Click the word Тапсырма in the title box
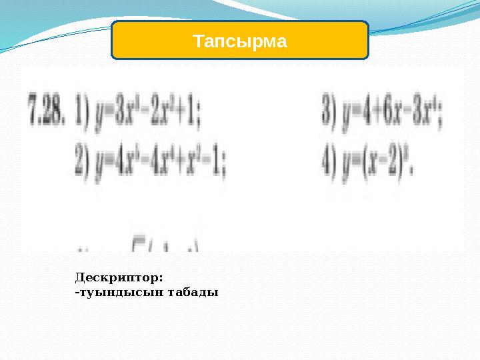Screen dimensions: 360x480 click(240, 41)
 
